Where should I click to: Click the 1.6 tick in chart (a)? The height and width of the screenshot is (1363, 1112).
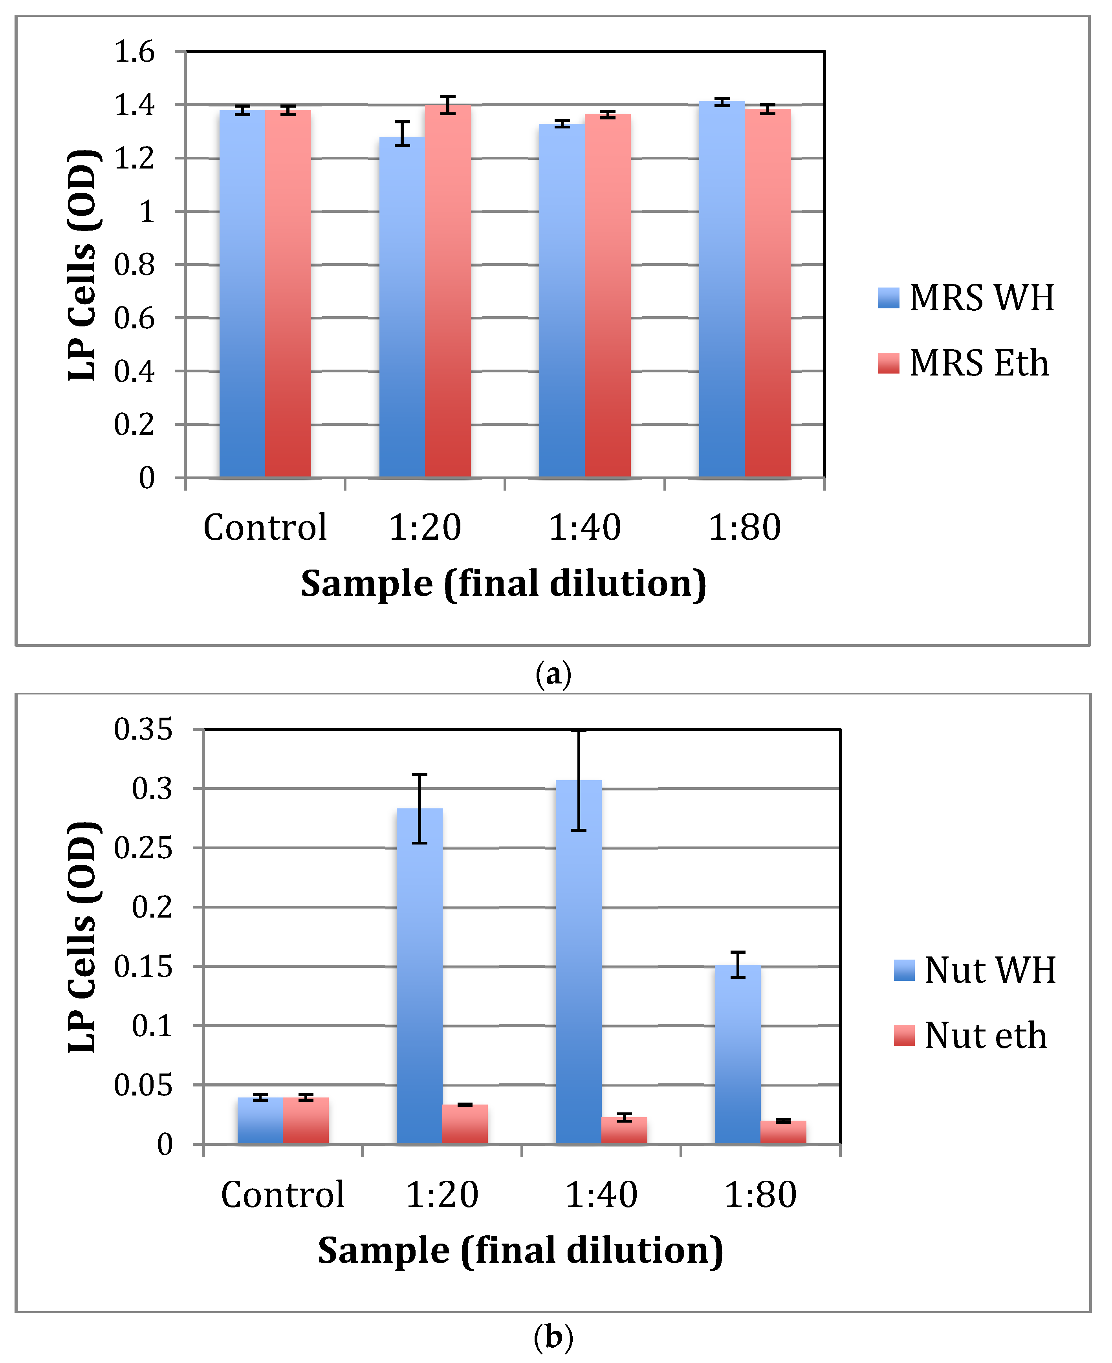pos(134,51)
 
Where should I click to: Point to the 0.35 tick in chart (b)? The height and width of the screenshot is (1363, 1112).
pos(143,729)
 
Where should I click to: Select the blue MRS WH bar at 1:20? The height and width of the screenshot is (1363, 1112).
pos(401,308)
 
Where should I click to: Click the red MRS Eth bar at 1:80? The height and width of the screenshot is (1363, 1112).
pos(768,295)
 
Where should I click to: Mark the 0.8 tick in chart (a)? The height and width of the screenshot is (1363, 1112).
pos(134,264)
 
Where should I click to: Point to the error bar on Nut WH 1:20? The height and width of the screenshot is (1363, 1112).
pos(419,809)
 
